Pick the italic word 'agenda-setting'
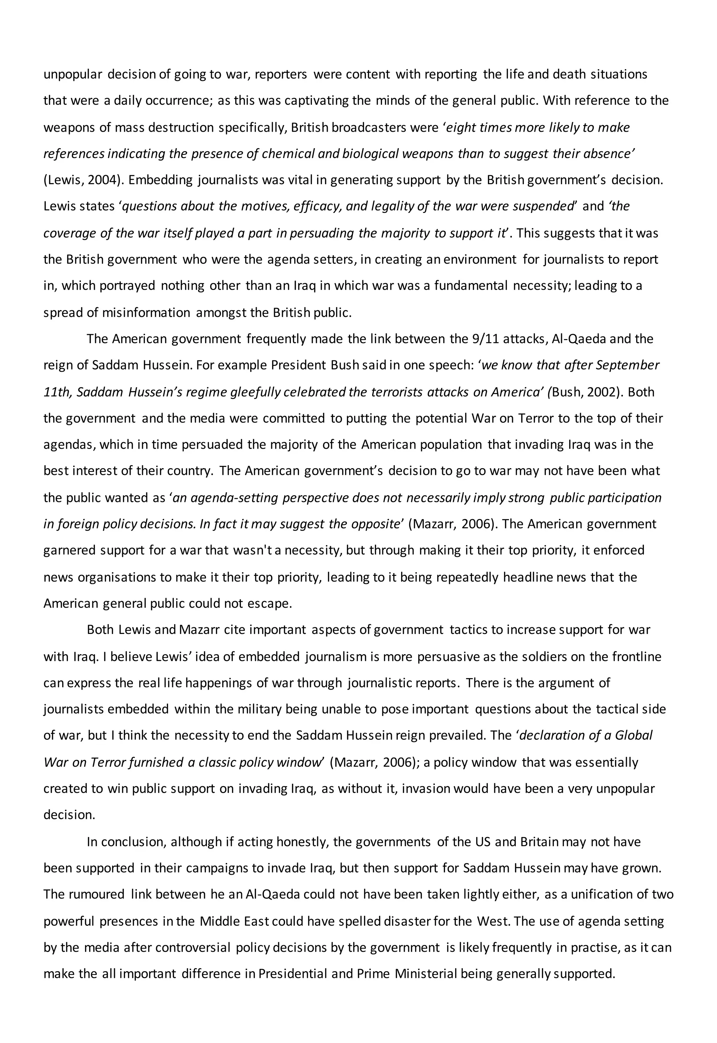click(x=225, y=498)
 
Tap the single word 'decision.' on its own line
click(x=69, y=815)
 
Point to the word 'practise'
click(x=595, y=948)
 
